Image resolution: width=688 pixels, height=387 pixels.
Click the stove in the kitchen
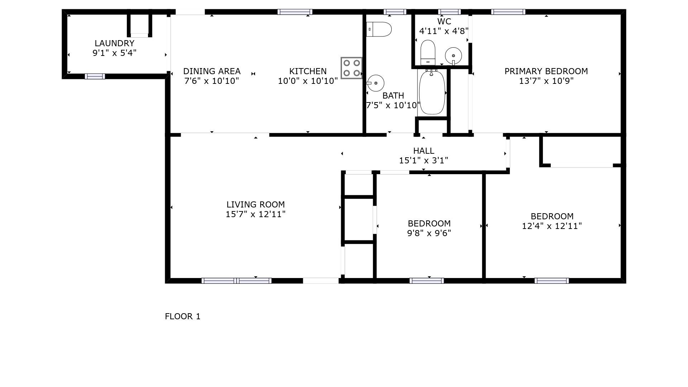[352, 68]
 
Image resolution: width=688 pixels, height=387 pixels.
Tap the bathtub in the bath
[432, 92]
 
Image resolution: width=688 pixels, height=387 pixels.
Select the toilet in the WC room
[428, 53]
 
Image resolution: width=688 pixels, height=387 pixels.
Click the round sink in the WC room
[453, 56]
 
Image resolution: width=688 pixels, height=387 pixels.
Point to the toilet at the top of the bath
[379, 29]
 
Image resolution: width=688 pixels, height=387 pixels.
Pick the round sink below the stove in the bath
[375, 83]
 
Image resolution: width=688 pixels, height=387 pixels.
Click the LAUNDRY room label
[114, 43]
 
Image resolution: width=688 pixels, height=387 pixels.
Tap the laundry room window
[95, 76]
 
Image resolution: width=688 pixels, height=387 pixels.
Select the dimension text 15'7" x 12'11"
[255, 214]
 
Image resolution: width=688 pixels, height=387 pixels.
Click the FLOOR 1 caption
[183, 316]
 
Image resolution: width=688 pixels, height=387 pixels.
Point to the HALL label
[424, 151]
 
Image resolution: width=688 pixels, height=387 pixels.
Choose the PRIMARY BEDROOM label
[546, 71]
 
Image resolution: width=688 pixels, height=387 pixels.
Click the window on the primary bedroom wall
[508, 12]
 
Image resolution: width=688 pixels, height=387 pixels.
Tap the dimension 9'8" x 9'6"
[429, 233]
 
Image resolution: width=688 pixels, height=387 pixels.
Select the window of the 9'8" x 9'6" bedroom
[427, 281]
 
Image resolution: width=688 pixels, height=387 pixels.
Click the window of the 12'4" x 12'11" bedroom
[551, 281]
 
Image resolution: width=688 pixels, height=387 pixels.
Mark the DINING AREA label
[212, 71]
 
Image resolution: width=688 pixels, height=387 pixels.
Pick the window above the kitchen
[295, 12]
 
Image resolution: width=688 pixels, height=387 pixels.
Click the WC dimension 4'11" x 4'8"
[444, 31]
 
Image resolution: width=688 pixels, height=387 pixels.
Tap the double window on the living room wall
[236, 281]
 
